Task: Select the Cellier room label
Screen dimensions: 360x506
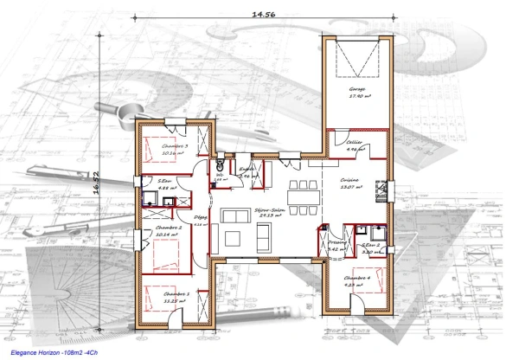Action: click(x=354, y=144)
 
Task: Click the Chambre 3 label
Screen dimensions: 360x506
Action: click(x=175, y=148)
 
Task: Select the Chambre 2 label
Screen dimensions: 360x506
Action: click(x=169, y=228)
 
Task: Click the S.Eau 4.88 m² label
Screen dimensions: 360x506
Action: click(x=168, y=183)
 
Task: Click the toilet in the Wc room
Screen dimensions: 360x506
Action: click(x=221, y=164)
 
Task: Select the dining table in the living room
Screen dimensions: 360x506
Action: click(x=304, y=194)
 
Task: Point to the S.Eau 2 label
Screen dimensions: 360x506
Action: click(x=370, y=247)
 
